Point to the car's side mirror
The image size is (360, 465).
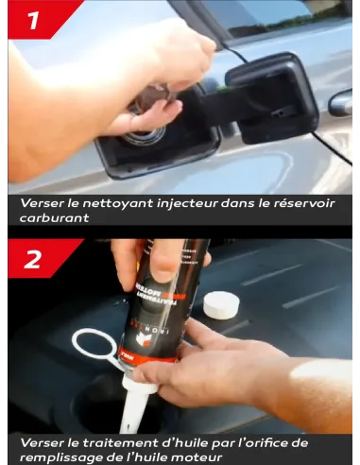342,102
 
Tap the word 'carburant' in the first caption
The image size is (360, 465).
54,216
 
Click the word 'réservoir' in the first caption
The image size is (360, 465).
303,203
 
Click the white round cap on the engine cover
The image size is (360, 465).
221,304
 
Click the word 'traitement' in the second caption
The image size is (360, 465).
120,441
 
